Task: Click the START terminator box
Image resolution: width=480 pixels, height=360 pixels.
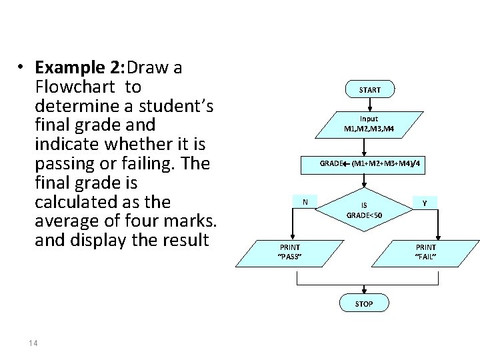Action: pyautogui.click(x=370, y=89)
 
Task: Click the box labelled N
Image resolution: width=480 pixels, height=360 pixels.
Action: pyautogui.click(x=305, y=201)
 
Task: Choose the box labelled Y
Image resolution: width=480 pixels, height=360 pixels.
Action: pyautogui.click(x=424, y=201)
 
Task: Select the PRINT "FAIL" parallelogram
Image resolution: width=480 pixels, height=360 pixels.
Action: pyautogui.click(x=426, y=251)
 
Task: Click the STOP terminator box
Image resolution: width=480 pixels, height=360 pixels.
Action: pyautogui.click(x=364, y=303)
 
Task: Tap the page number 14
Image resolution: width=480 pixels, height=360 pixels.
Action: pyautogui.click(x=33, y=343)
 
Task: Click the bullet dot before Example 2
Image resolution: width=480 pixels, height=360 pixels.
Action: pyautogui.click(x=22, y=67)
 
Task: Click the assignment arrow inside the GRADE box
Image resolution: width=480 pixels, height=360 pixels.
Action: pyautogui.click(x=347, y=163)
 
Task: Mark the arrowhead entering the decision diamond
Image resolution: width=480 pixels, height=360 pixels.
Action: pyautogui.click(x=364, y=187)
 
